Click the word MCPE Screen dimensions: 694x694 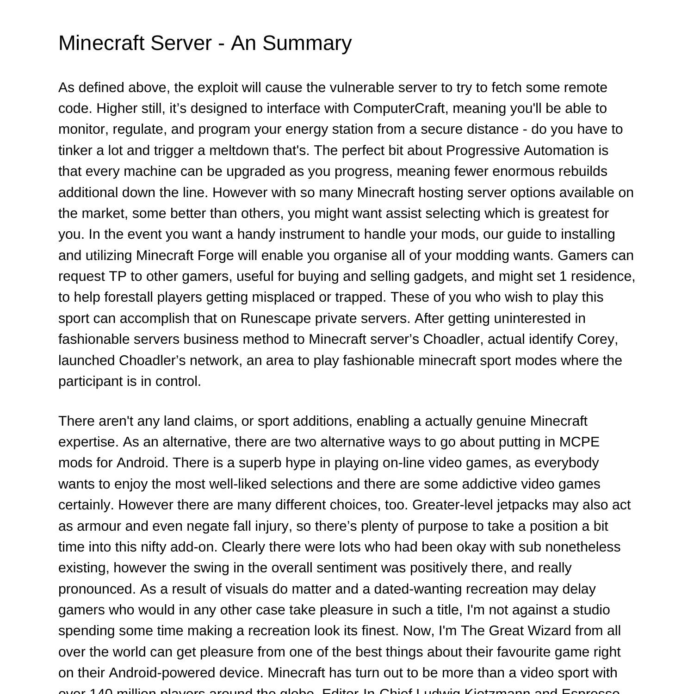tap(579, 442)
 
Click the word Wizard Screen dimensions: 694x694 tap(556, 631)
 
